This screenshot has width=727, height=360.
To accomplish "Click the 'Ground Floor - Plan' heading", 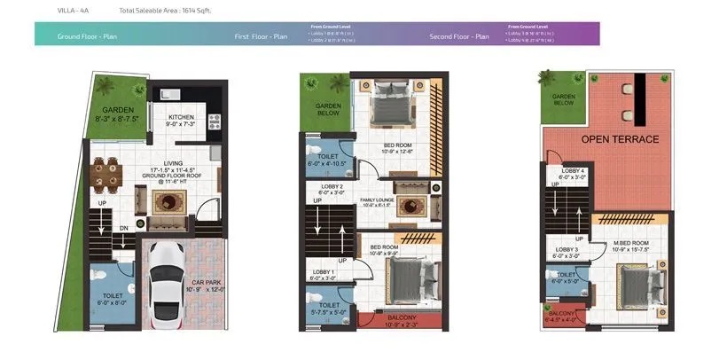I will coord(87,36).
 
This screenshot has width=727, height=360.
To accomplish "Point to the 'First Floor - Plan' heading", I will coord(261,36).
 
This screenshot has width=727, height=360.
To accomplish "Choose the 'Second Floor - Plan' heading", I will coord(458,36).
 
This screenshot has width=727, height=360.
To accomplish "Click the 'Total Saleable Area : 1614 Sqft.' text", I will coord(166,10).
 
